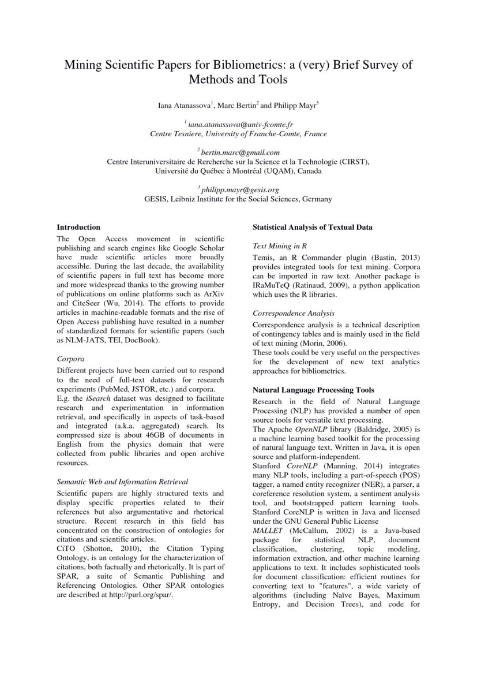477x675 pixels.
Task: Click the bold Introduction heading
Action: click(78, 227)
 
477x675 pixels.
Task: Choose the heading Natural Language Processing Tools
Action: click(313, 390)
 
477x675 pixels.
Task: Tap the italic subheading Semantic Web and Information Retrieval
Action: click(122, 482)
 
